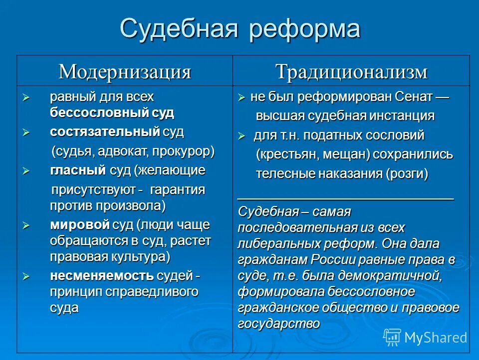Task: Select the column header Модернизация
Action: click(x=125, y=71)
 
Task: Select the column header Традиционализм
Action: click(x=351, y=71)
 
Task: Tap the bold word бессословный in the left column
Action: click(x=98, y=112)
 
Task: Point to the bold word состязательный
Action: click(x=105, y=132)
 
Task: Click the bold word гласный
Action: click(x=78, y=170)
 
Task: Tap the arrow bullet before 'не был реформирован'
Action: click(x=241, y=97)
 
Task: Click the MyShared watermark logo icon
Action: click(x=392, y=337)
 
